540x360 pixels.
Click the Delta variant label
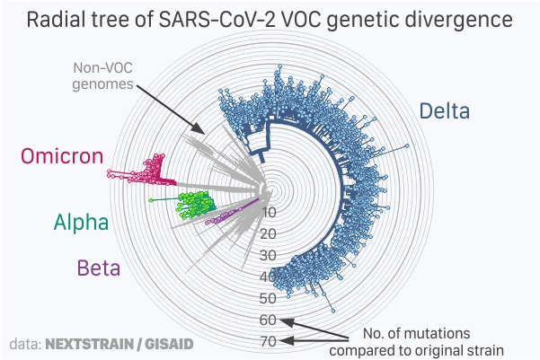[x=444, y=110]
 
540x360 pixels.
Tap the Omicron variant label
[x=62, y=156]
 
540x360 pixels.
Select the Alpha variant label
[x=81, y=223]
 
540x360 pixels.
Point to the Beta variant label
[x=99, y=268]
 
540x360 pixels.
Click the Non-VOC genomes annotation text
[x=102, y=76]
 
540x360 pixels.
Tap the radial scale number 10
[x=270, y=213]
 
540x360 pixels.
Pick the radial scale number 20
[x=268, y=234]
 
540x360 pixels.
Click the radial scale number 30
[x=268, y=256]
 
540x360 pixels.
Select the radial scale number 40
[x=268, y=277]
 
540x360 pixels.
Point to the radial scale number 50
[x=268, y=298]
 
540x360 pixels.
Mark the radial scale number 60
[x=268, y=320]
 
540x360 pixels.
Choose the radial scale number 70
[x=268, y=341]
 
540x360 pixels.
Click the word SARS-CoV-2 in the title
[x=218, y=19]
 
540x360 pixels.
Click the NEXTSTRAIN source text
[x=89, y=344]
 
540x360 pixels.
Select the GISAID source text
[x=169, y=344]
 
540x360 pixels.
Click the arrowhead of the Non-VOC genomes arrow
[x=199, y=128]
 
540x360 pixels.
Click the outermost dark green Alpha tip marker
[x=150, y=200]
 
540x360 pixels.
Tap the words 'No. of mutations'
[x=416, y=333]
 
